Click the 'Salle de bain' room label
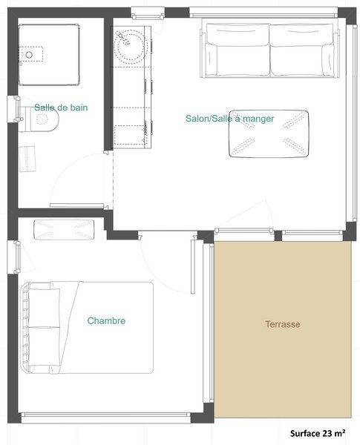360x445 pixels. pyautogui.click(x=61, y=108)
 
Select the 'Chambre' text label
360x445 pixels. pyautogui.click(x=106, y=321)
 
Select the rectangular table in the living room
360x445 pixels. pyautogui.click(x=269, y=134)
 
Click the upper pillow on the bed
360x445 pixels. pyautogui.click(x=45, y=305)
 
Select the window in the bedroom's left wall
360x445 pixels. pyautogui.click(x=11, y=258)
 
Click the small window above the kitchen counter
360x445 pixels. pyautogui.click(x=147, y=13)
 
